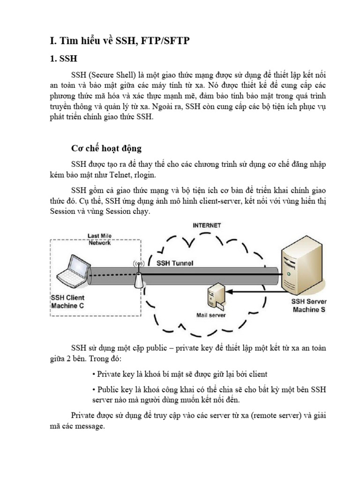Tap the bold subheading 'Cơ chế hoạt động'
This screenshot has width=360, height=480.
pyautogui.click(x=106, y=148)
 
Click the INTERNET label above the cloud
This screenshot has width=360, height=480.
pyautogui.click(x=207, y=225)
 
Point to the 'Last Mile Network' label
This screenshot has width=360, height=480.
pyautogui.click(x=99, y=239)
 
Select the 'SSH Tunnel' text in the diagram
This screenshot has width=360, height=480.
pyautogui.click(x=174, y=263)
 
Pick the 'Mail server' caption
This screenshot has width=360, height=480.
pyautogui.click(x=211, y=315)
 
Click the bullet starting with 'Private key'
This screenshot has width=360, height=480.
pyautogui.click(x=180, y=374)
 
